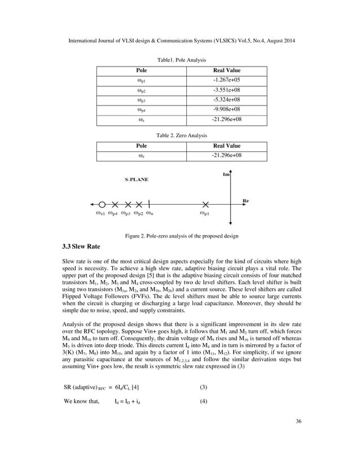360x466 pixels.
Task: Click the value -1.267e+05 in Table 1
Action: pos(226,80)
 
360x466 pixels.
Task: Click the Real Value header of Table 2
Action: pos(226,146)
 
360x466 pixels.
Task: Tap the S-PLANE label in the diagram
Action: pos(137,179)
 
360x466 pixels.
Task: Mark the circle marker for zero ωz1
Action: pos(102,204)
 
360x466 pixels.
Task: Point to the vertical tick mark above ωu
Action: pos(150,204)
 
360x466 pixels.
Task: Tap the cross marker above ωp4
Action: pos(115,204)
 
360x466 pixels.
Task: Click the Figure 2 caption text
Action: pos(180,235)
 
